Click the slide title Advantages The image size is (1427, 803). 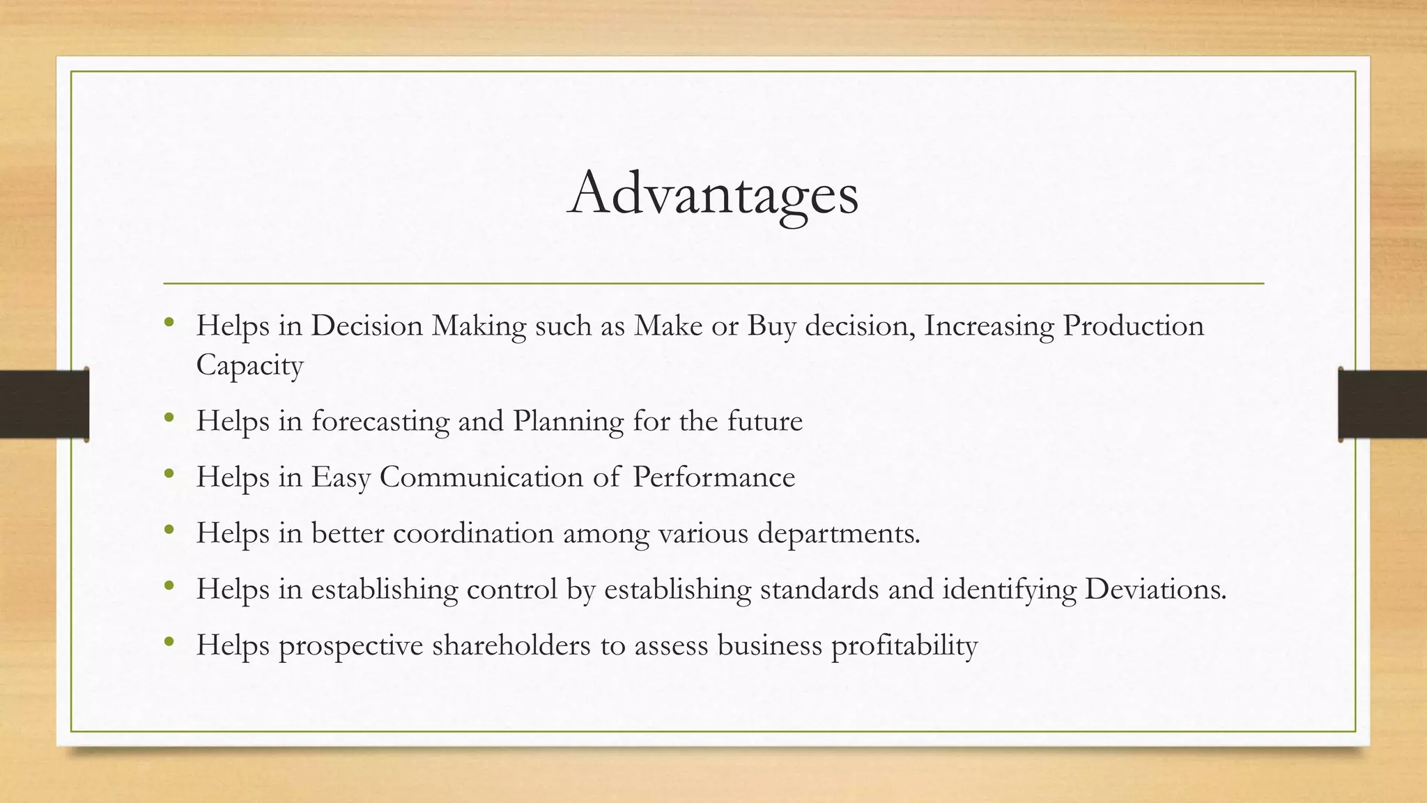coord(713,193)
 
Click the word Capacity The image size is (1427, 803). coord(249,365)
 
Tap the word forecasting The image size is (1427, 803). coord(380,421)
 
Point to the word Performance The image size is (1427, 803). coord(713,477)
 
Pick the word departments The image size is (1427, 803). coord(838,533)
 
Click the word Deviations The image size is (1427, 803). coord(1155,589)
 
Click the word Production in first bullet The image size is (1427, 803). coord(1133,326)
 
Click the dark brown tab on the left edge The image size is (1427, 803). coord(43,404)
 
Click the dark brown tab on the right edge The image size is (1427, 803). coord(1382,404)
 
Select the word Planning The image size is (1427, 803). coord(568,421)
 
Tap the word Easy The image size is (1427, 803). coord(341,477)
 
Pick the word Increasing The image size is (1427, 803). coord(989,326)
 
